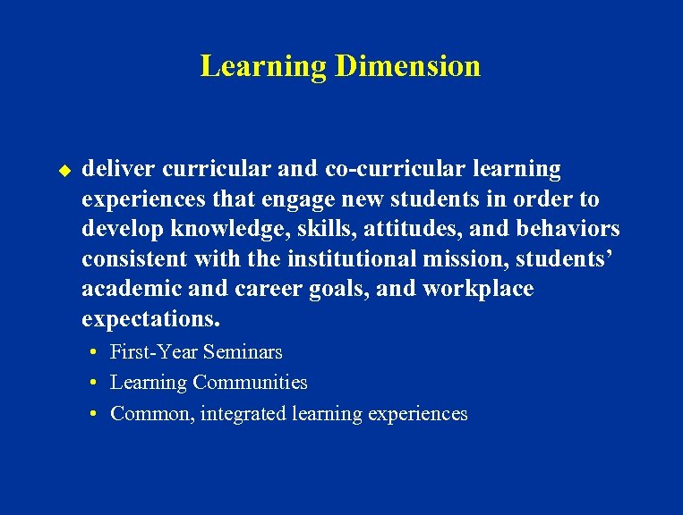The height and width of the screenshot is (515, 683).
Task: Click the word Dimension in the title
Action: pos(407,66)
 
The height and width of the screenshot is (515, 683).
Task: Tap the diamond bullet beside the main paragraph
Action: pos(64,169)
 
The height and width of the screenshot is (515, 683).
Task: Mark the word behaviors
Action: pos(568,229)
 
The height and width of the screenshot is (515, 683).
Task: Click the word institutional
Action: pos(361,259)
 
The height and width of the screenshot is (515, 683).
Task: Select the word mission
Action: pos(476,259)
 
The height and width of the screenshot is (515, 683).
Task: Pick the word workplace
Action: pos(478,290)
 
